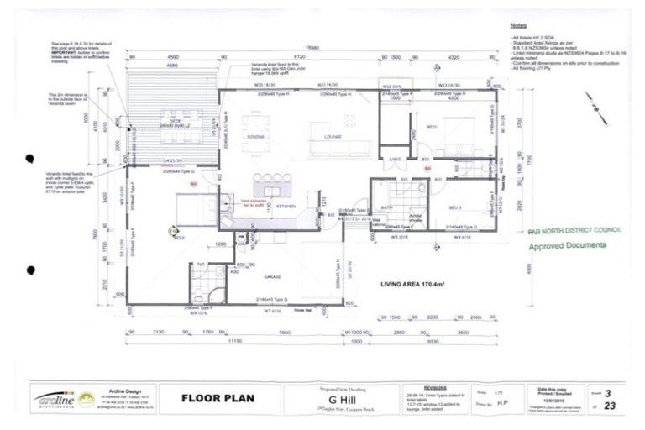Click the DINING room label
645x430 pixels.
(x=255, y=135)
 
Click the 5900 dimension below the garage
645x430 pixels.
(x=285, y=332)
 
